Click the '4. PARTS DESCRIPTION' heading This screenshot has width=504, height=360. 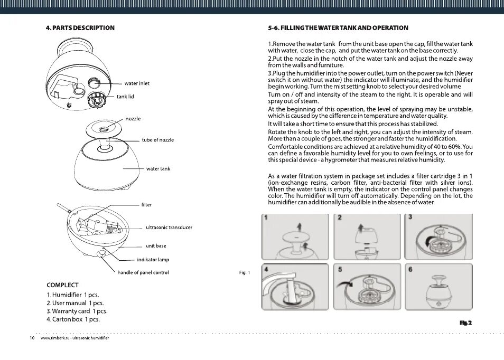tap(80, 27)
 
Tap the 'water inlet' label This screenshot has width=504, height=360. tap(137, 83)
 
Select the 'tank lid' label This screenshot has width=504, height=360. tap(125, 97)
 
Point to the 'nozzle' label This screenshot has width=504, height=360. tap(133, 119)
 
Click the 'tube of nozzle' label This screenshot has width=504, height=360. tap(157, 140)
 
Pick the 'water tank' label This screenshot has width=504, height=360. tap(158, 169)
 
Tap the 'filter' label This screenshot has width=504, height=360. tap(146, 204)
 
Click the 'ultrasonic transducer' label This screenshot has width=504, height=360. tap(169, 228)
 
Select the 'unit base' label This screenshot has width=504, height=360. tap(155, 246)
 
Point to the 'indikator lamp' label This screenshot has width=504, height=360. tap(153, 260)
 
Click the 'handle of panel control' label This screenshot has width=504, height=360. tap(143, 272)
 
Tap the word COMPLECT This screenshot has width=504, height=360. tap(62, 285)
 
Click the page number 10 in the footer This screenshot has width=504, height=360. tap(32, 338)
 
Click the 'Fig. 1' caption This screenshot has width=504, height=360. tap(245, 272)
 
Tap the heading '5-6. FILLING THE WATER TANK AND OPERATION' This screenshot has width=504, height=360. tap(338, 27)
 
